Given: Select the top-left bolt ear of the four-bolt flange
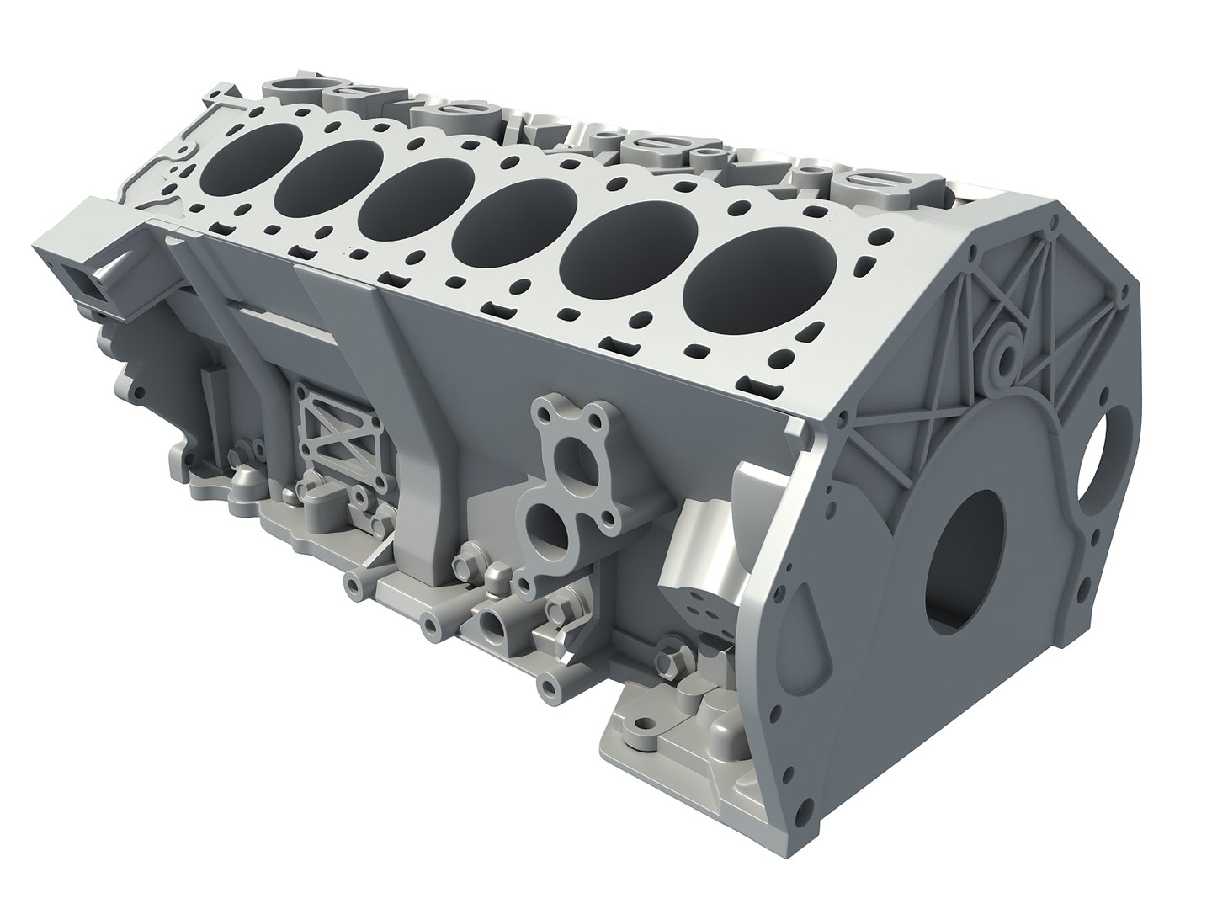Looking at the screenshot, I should (x=543, y=413).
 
